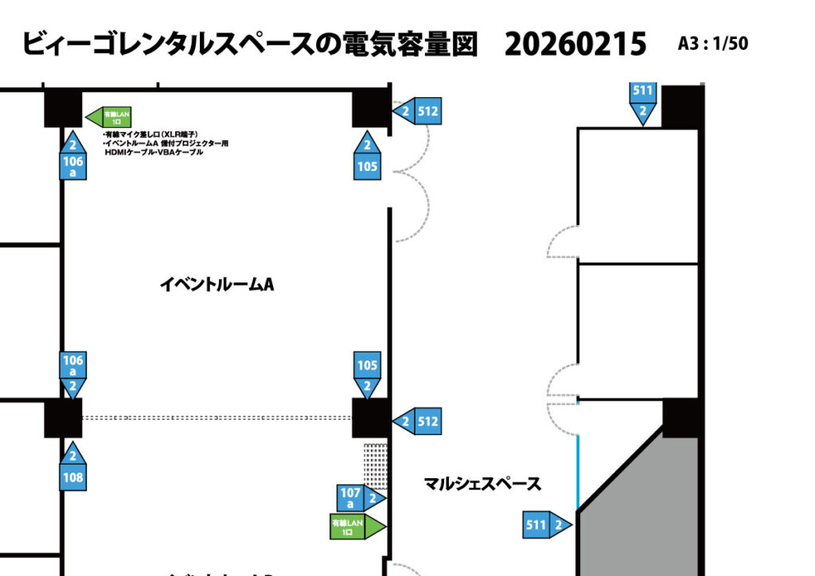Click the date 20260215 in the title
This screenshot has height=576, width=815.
click(x=575, y=45)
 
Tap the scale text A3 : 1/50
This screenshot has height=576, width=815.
click(x=713, y=44)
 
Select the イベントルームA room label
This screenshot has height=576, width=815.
click(x=216, y=284)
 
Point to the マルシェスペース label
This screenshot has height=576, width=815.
click(x=482, y=483)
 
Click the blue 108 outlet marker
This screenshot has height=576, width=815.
click(x=72, y=469)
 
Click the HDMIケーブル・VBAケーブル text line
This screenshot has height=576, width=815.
click(x=154, y=151)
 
